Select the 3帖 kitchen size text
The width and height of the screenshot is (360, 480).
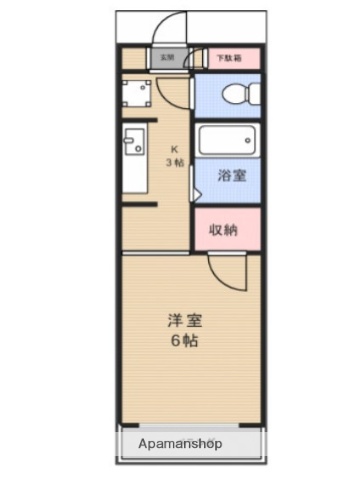tap(173, 162)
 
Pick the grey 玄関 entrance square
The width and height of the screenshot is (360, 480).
tap(167, 58)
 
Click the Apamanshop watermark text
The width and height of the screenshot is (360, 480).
tap(181, 443)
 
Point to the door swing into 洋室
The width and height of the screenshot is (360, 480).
tap(225, 272)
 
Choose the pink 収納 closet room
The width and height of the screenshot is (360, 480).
tap(227, 230)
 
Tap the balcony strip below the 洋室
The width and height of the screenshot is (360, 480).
tap(190, 443)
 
